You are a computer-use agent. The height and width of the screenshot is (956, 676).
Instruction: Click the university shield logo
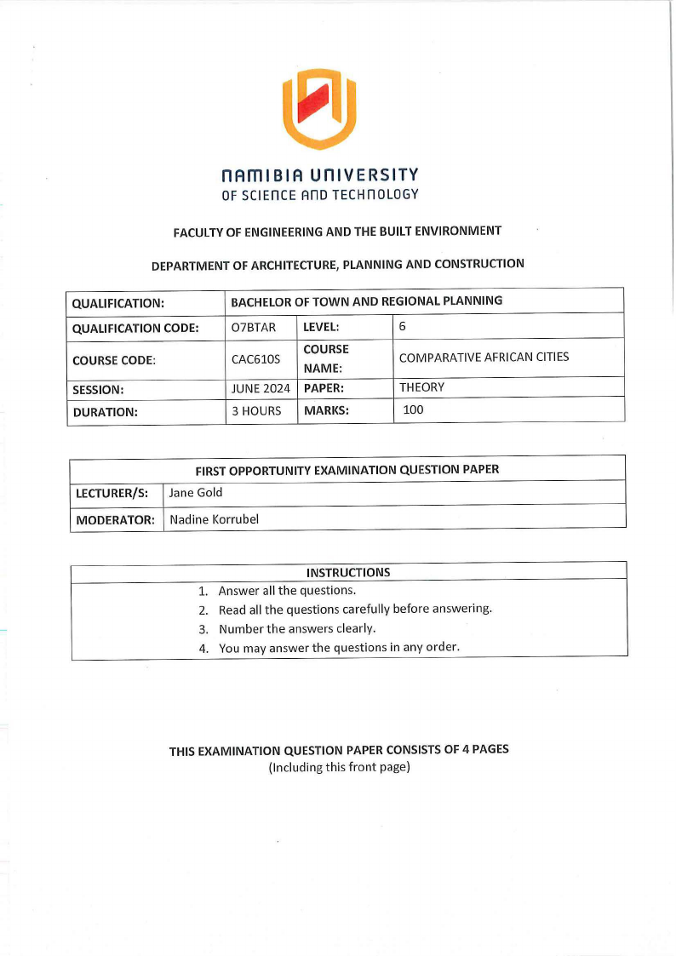click(319, 109)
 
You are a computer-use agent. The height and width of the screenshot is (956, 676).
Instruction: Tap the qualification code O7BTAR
click(254, 328)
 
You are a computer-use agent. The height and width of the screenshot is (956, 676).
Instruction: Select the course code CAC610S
click(255, 359)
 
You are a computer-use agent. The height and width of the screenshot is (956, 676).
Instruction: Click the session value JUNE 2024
click(261, 388)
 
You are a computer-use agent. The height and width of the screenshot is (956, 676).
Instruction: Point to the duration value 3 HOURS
click(256, 411)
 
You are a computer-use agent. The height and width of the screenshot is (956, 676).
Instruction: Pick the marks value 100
click(413, 410)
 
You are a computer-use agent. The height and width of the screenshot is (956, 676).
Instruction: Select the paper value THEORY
click(421, 387)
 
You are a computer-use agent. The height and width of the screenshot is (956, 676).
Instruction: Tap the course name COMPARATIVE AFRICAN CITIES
click(484, 357)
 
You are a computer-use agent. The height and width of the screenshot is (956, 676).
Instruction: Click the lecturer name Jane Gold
click(196, 493)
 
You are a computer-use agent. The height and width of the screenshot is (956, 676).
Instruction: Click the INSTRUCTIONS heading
click(348, 572)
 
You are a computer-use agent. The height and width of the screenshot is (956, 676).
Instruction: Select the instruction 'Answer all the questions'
click(287, 590)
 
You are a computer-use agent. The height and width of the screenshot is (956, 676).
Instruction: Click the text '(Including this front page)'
click(340, 767)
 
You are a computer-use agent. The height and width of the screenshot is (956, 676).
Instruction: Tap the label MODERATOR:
click(115, 519)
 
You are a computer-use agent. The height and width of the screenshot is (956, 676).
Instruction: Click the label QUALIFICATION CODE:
click(135, 329)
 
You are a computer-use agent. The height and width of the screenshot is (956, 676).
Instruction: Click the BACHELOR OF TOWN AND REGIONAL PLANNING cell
click(366, 301)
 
